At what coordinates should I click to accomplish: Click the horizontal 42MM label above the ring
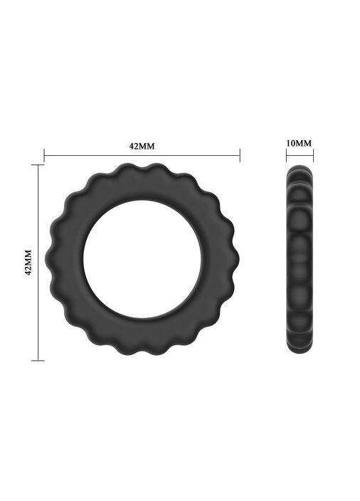(142, 146)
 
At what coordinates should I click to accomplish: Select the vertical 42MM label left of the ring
(28, 263)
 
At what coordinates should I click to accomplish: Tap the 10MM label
(299, 143)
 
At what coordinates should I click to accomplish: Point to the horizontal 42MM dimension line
(178, 155)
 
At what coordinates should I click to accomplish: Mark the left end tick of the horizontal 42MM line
(44, 155)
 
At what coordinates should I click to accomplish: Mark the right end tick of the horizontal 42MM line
(240, 155)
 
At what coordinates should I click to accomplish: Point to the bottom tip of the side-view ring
(300, 352)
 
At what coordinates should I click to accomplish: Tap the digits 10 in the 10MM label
(291, 143)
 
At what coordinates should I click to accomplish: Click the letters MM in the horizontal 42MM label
(147, 146)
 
